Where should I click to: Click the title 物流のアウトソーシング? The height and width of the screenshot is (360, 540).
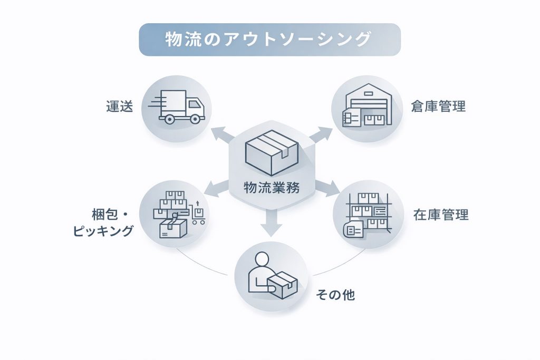tap(269, 40)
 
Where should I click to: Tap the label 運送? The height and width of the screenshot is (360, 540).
tap(119, 107)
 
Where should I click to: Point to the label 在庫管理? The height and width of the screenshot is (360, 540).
tap(441, 215)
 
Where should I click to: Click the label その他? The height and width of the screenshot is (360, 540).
tap(335, 295)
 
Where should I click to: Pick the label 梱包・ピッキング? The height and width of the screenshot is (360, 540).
tap(103, 223)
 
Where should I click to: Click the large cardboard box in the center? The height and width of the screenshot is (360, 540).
tap(271, 152)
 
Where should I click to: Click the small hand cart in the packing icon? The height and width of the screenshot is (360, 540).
tap(198, 215)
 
